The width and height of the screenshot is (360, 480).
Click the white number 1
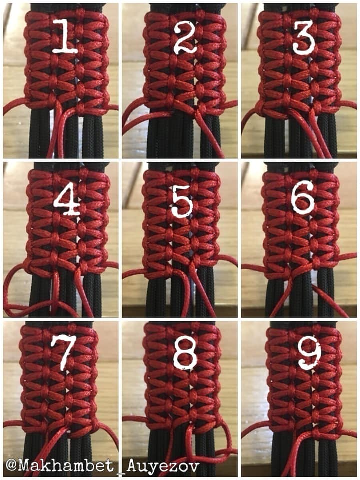(x=65, y=36)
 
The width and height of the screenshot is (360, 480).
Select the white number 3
(x=304, y=37)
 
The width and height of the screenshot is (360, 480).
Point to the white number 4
(x=67, y=199)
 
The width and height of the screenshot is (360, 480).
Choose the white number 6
(x=303, y=198)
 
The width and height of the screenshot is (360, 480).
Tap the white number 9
(x=310, y=355)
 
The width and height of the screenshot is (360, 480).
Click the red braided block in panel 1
(x=67, y=61)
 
